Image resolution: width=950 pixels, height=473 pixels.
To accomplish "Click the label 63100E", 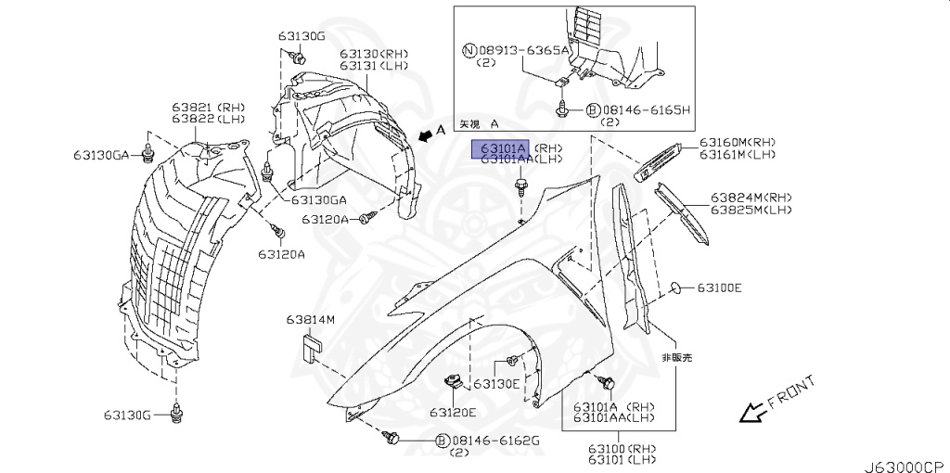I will click(x=719, y=288).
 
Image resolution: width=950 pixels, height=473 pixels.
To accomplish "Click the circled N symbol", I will click(x=469, y=51).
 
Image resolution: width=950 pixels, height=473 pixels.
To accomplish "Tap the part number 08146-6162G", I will click(x=495, y=441).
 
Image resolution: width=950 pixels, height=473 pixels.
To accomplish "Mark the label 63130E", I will click(x=497, y=383).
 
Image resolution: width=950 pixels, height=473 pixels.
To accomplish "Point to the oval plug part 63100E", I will click(x=677, y=288).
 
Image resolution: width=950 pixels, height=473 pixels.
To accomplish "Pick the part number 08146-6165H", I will click(x=646, y=109).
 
